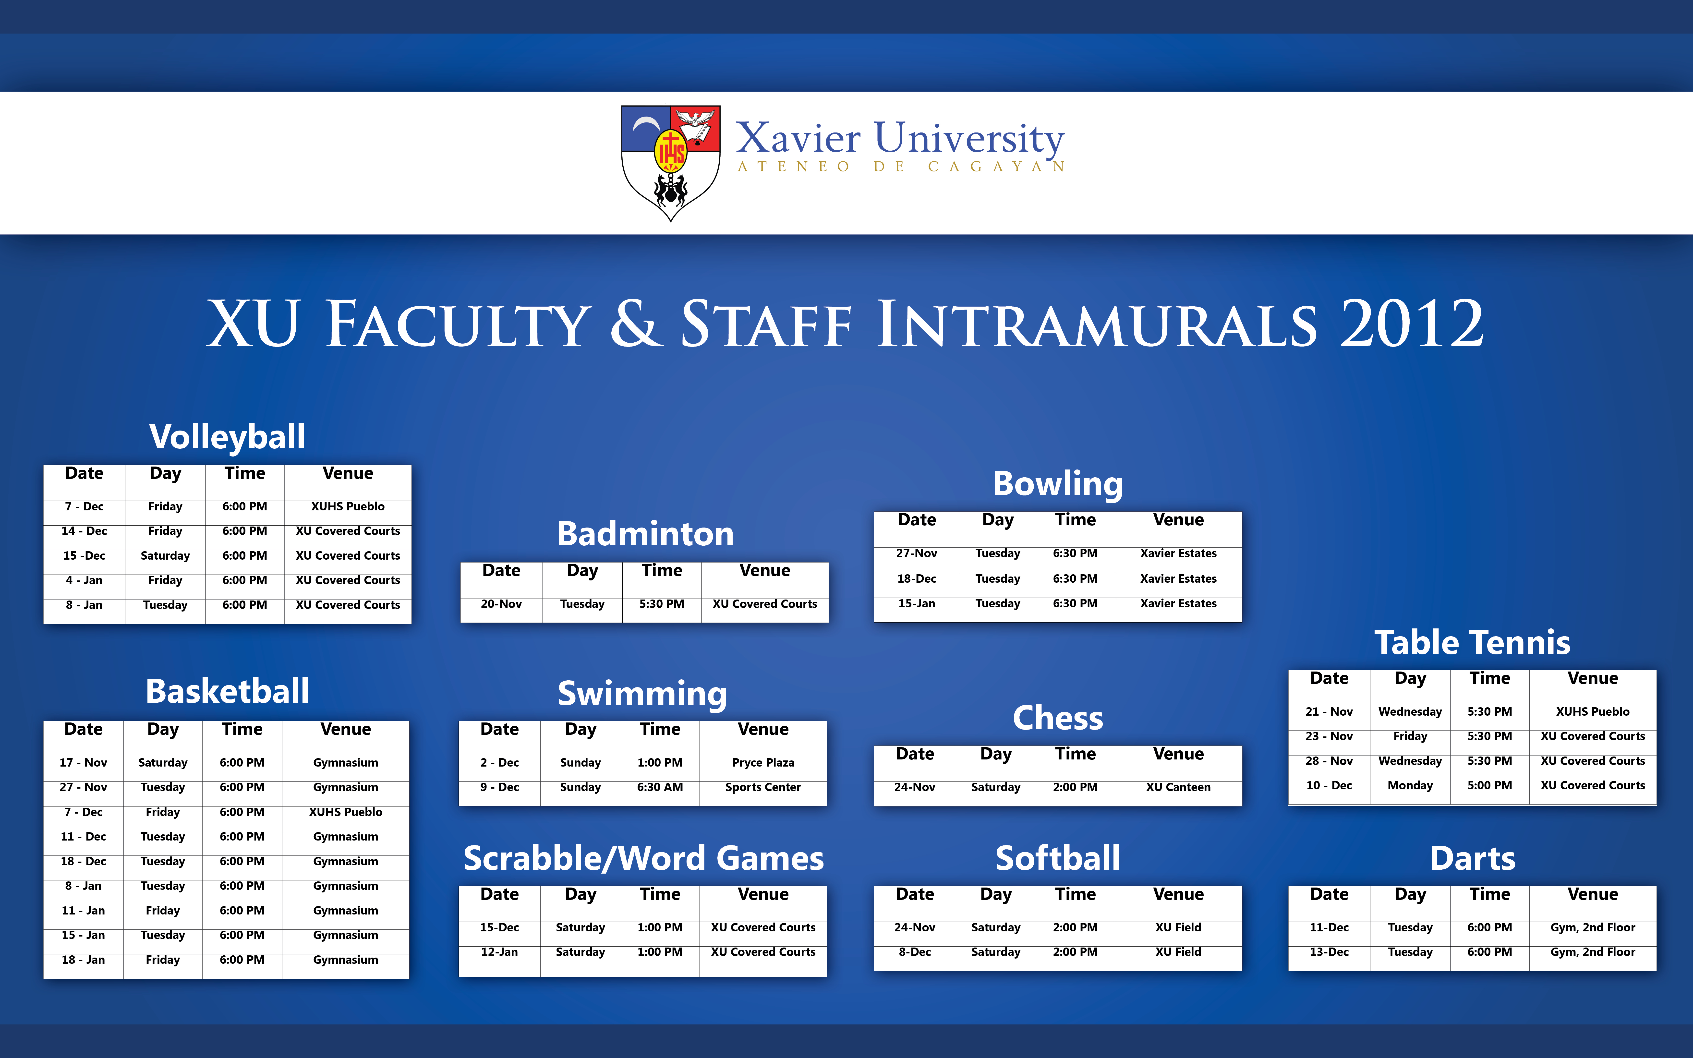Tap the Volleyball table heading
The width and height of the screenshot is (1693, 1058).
click(227, 437)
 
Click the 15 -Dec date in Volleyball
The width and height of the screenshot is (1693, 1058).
click(84, 556)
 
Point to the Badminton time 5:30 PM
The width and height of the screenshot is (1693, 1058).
click(662, 604)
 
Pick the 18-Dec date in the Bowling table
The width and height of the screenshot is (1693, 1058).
click(917, 579)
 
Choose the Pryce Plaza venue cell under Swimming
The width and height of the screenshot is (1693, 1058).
click(763, 763)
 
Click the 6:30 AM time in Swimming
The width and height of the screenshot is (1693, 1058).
click(660, 787)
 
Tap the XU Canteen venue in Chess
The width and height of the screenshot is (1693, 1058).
click(1178, 787)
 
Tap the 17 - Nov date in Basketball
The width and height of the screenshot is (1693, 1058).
click(83, 763)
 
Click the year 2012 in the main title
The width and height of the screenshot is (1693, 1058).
click(1412, 323)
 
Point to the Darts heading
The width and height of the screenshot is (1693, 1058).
click(1473, 859)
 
